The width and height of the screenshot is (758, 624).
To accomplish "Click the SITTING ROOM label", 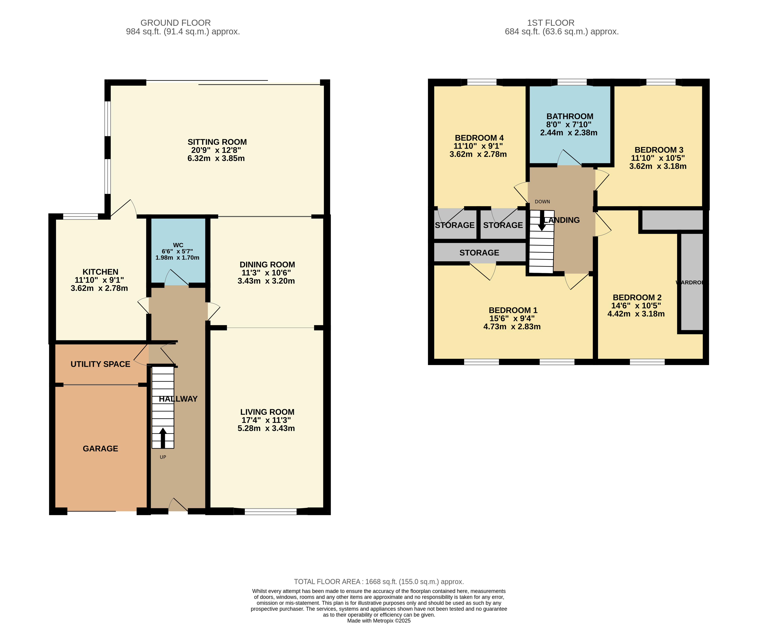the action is (217, 142).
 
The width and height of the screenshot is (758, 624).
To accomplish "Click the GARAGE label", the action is (100, 449).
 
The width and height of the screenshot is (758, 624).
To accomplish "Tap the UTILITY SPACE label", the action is (100, 364).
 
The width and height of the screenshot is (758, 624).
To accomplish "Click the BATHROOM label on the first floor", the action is (570, 116).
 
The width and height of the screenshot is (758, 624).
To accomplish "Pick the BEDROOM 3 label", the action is (659, 150).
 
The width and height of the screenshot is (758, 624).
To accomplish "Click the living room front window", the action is (271, 512).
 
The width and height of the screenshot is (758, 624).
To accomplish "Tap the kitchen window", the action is (80, 216).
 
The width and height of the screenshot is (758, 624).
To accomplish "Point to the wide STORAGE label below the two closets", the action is (479, 253).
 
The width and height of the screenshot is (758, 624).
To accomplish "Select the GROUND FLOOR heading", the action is (175, 23).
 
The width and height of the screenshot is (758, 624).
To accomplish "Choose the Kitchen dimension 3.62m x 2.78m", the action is (99, 288).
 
